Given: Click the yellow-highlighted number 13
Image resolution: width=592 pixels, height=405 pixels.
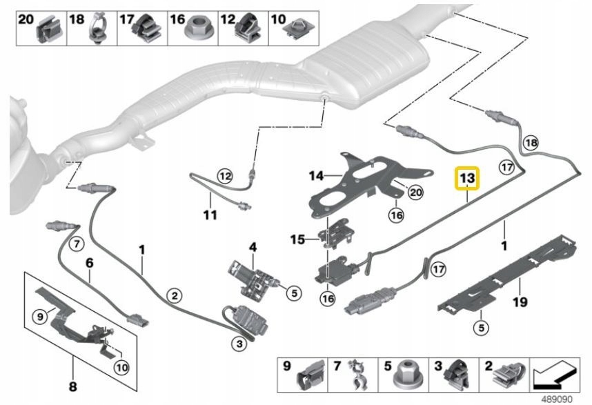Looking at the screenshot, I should (x=467, y=179).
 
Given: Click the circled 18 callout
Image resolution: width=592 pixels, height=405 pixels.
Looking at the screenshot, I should (x=530, y=144).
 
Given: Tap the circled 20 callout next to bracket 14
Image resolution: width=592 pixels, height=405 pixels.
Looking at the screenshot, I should (x=414, y=193).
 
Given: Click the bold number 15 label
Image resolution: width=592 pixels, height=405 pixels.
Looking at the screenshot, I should (x=297, y=240).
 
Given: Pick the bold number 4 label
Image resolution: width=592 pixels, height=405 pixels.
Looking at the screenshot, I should (x=253, y=246).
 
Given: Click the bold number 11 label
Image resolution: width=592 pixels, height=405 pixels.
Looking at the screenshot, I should (x=210, y=215).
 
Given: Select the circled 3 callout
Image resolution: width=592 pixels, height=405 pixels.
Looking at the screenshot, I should (x=239, y=342).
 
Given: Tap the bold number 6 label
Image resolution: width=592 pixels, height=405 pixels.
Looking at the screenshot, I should (x=89, y=262).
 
